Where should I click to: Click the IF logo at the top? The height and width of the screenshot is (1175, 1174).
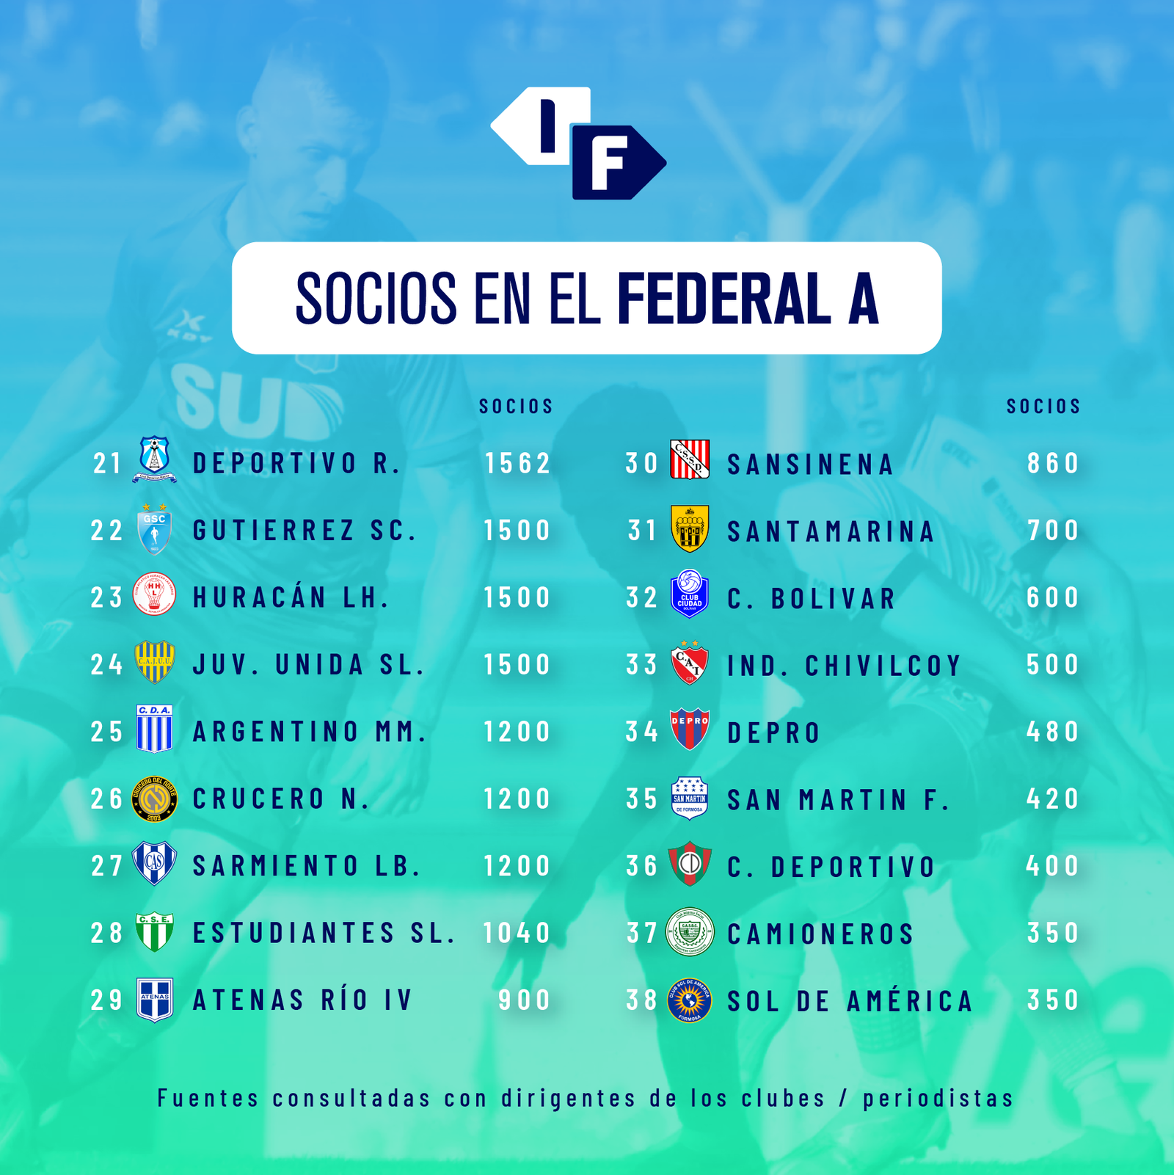(x=578, y=143)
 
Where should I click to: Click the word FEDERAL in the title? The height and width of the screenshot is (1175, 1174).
(x=724, y=298)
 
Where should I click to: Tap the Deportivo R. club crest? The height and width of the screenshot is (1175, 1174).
(x=154, y=459)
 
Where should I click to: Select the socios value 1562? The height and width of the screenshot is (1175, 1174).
(x=517, y=463)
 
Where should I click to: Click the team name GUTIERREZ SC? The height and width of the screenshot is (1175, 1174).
(x=305, y=530)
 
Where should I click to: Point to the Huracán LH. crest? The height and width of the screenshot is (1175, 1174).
(x=154, y=594)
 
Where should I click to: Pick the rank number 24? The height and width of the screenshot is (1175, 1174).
(x=107, y=664)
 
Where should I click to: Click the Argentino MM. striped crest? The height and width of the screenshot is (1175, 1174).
(x=154, y=729)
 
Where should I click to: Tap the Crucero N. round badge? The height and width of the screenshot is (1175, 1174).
(x=154, y=799)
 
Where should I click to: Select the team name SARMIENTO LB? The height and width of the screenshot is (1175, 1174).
(x=307, y=865)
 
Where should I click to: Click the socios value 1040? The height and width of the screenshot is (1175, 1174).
(x=517, y=933)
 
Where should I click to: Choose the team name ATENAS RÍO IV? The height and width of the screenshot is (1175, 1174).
(x=303, y=1000)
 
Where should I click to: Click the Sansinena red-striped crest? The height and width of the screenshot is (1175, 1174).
(x=690, y=459)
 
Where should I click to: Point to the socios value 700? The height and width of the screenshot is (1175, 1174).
(x=1054, y=530)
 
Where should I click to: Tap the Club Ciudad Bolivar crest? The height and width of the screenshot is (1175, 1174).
(x=690, y=594)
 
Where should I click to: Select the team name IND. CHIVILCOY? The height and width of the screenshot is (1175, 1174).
(x=844, y=666)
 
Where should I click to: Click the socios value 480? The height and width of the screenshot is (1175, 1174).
(x=1053, y=731)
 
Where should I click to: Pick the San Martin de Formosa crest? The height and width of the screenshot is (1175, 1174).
(x=690, y=799)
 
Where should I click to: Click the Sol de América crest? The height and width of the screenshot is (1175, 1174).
(x=690, y=1000)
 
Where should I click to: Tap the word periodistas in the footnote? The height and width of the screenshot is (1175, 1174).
(x=938, y=1098)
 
